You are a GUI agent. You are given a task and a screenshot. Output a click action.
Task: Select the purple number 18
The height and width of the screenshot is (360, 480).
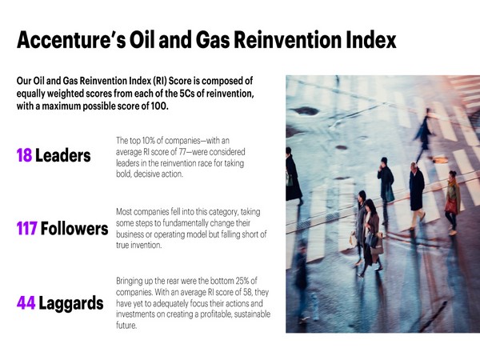pyautogui.click(x=24, y=154)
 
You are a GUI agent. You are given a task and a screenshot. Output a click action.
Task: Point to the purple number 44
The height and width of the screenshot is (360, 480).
pyautogui.click(x=26, y=303)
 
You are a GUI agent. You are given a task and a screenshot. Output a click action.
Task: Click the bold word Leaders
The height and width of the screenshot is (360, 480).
pyautogui.click(x=63, y=154)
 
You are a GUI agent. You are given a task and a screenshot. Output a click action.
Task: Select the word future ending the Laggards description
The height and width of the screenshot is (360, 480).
pyautogui.click(x=126, y=326)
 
